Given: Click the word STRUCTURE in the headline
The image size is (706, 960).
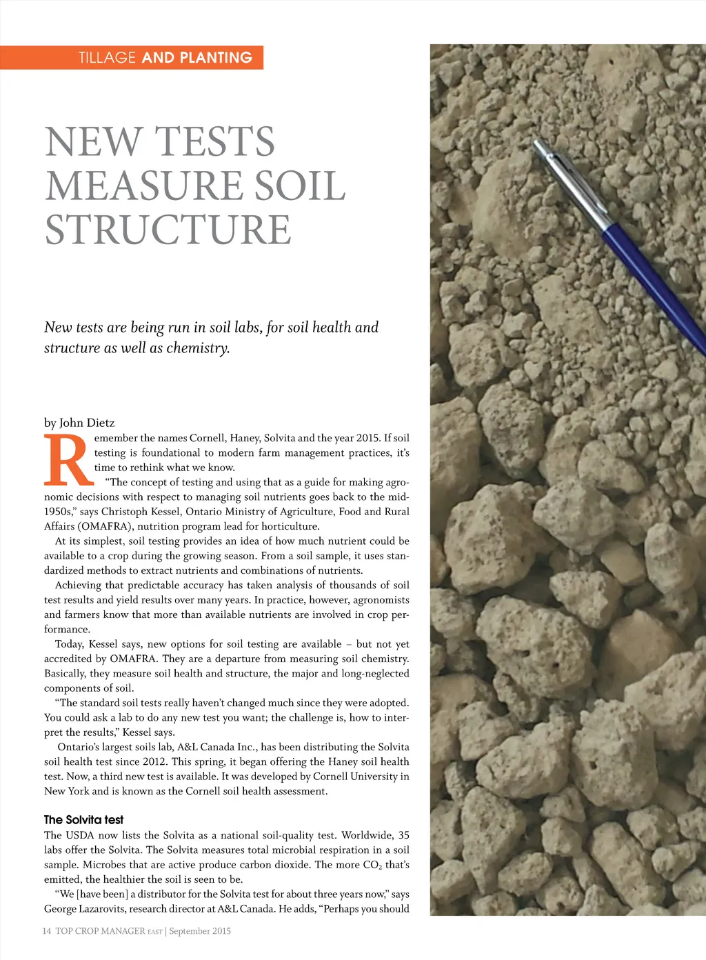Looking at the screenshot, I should tap(168, 230).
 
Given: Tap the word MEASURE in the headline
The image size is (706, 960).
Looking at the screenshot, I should tap(143, 186).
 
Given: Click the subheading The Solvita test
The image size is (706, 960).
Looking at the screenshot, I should tap(83, 819).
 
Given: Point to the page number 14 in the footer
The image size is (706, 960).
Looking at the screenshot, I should tap(47, 931).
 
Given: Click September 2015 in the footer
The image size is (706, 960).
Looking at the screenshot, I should tap(200, 931).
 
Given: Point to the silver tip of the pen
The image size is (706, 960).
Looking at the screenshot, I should tap(538, 144).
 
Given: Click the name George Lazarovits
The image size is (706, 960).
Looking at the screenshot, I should tap(85, 909).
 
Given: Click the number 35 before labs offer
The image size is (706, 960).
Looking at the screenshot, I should tap(403, 835).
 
